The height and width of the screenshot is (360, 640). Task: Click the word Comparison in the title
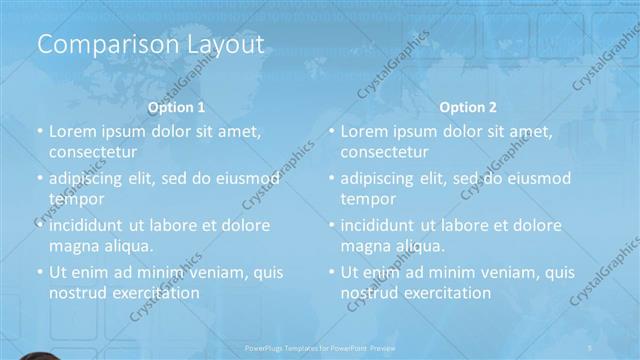[x=94, y=45]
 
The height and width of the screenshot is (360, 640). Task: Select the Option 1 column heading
[x=176, y=107]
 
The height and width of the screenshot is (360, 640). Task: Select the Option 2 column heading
[x=468, y=107]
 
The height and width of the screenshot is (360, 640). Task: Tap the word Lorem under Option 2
[x=365, y=131]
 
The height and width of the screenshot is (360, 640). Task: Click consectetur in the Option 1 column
[x=92, y=152]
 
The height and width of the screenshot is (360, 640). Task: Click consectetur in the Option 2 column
[x=384, y=152]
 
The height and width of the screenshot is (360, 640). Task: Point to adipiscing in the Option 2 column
[x=381, y=179]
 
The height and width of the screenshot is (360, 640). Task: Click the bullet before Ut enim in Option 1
[x=38, y=272]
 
